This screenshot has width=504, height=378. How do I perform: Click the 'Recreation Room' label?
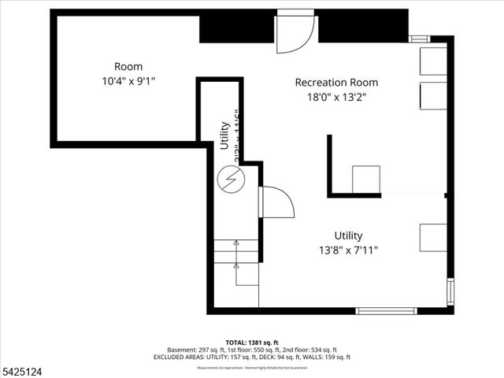click(x=336, y=82)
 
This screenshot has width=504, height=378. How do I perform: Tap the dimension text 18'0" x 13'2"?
click(x=336, y=97)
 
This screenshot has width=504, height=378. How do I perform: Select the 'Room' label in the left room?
click(x=128, y=66)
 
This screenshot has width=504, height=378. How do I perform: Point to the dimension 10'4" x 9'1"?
click(x=128, y=81)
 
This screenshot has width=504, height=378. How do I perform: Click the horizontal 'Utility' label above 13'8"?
click(x=348, y=235)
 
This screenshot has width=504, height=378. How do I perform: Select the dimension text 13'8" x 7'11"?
click(x=348, y=250)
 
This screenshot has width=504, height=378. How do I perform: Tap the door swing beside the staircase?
click(x=276, y=204)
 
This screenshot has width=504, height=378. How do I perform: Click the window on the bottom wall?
click(x=387, y=310)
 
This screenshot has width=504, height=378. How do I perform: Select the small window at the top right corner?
click(x=420, y=38)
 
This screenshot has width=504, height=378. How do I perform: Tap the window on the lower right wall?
click(x=450, y=291)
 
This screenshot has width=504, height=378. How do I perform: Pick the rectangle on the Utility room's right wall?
click(x=433, y=236)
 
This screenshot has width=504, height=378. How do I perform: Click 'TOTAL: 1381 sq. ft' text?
click(x=252, y=343)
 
